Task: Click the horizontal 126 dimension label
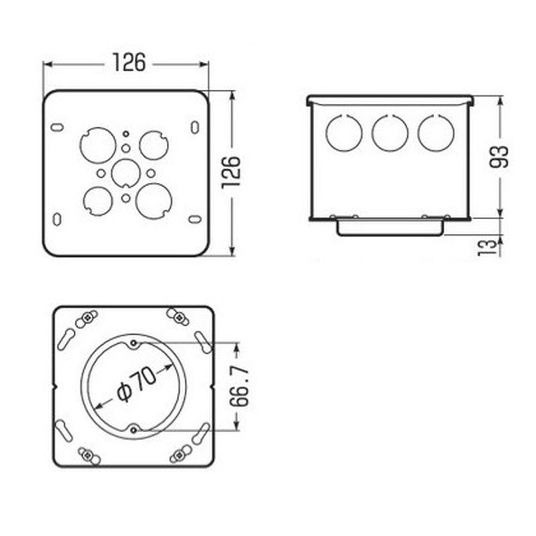click(129, 62)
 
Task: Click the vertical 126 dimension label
click(231, 173)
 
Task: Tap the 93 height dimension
click(498, 157)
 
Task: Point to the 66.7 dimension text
click(239, 387)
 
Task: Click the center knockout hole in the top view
click(126, 174)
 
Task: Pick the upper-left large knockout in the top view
click(98, 145)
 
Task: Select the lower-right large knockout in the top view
click(154, 201)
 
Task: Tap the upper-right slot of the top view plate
click(195, 127)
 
